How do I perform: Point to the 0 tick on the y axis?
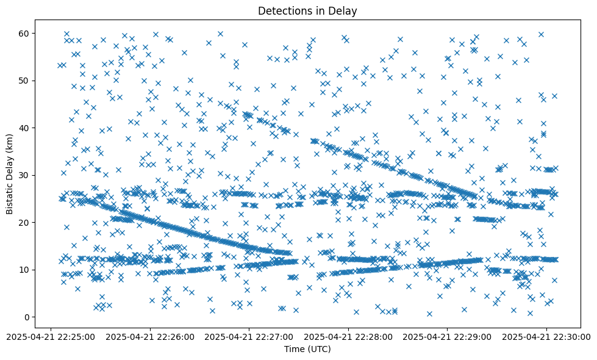pyautogui.click(x=27, y=317)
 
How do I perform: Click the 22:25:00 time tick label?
pyautogui.click(x=51, y=336)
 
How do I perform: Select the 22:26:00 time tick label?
pyautogui.click(x=150, y=336)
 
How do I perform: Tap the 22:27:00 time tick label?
pyautogui.click(x=249, y=336)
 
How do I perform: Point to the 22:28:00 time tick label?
pyautogui.click(x=349, y=336)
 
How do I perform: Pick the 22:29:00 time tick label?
pyautogui.click(x=448, y=336)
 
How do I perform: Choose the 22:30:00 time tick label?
pyautogui.click(x=547, y=336)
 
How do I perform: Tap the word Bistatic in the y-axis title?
pyautogui.click(x=10, y=195)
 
